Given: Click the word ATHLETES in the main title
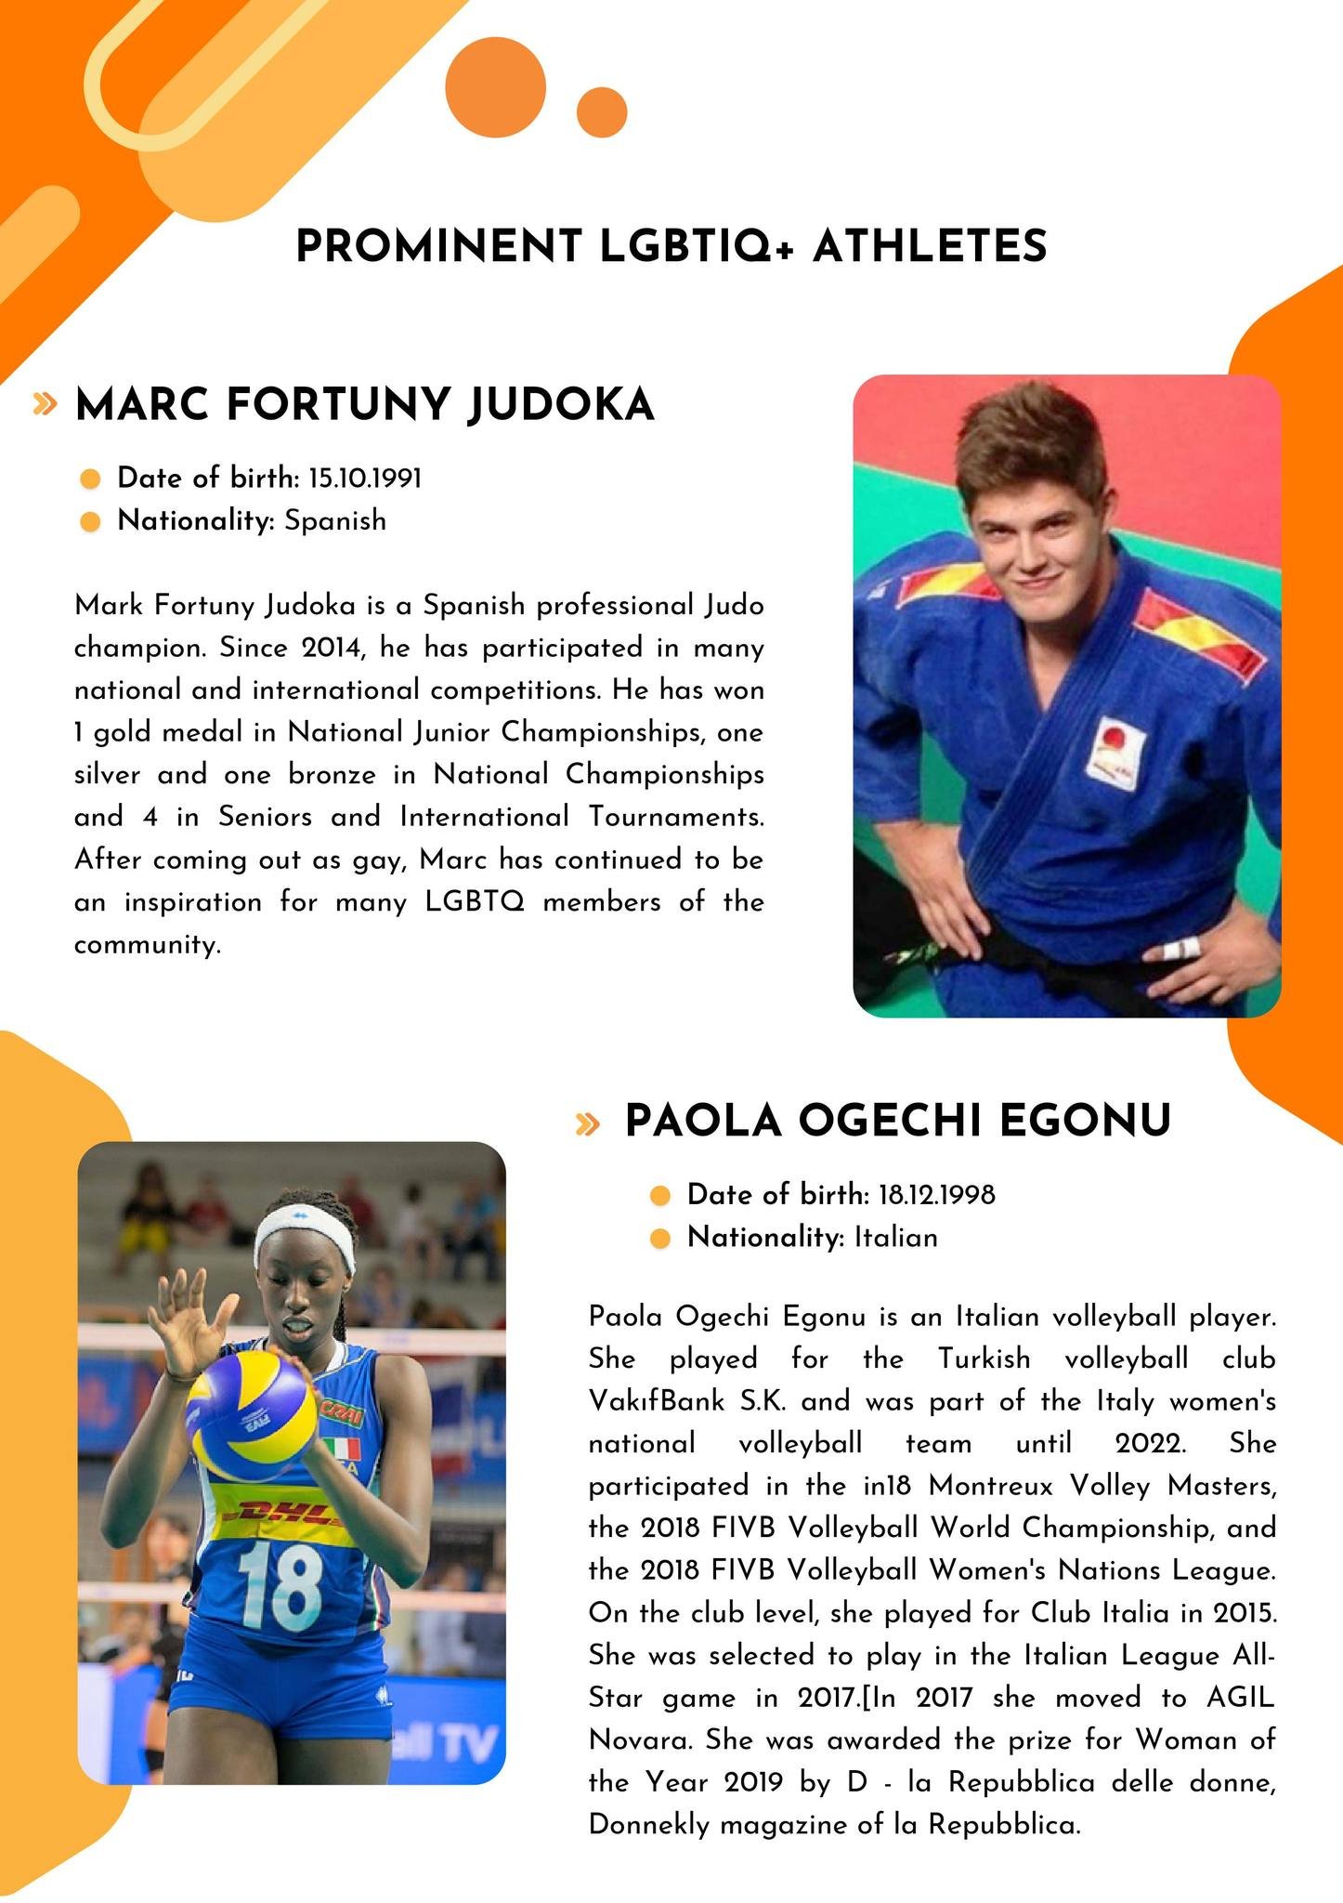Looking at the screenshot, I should (x=930, y=247).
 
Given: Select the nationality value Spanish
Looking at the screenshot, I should (x=335, y=520).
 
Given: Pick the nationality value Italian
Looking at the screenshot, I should (x=896, y=1238).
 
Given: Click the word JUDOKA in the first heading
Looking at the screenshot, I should (x=561, y=406).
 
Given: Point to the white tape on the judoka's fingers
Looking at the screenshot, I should (x=1177, y=950).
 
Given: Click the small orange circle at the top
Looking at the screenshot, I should (x=602, y=112).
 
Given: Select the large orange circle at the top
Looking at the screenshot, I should (x=495, y=87).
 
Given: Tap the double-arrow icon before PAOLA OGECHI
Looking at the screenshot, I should (x=587, y=1124).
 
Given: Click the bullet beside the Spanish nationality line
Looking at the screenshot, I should (x=90, y=521).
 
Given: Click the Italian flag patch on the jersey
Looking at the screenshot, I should (x=341, y=1449).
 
